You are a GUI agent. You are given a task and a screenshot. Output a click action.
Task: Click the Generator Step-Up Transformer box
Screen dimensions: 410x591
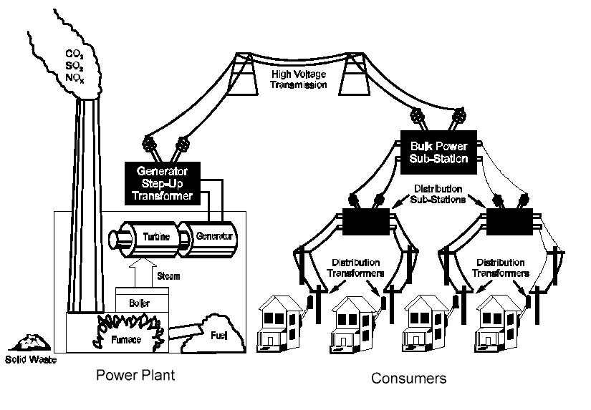[163, 182]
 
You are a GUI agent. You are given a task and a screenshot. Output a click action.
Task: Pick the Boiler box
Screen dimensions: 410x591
[142, 303]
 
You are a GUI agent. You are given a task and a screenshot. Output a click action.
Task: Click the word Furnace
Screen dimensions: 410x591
[125, 338]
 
